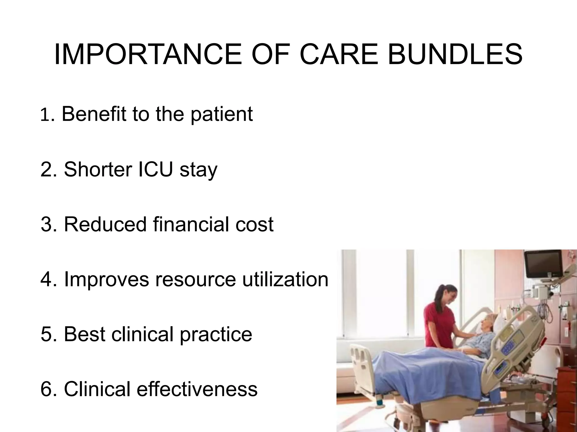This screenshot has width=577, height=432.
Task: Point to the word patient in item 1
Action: [222, 114]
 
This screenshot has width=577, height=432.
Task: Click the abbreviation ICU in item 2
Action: [155, 169]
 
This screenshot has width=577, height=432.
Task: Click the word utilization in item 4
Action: [285, 279]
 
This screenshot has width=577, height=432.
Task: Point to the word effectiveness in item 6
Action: [197, 389]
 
